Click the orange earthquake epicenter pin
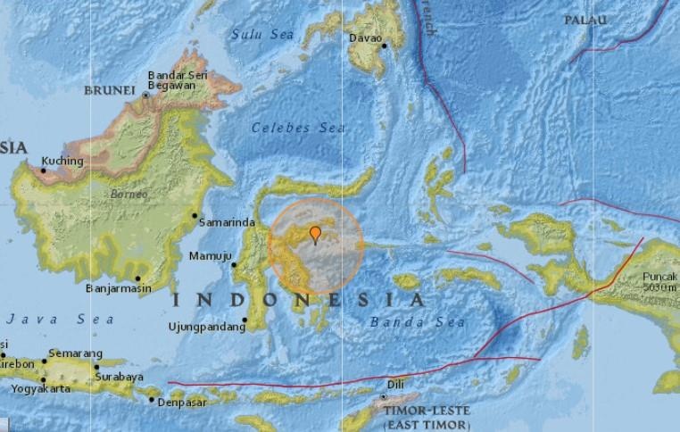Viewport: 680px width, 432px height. (315, 234)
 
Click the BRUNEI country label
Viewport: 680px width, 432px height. (108, 90)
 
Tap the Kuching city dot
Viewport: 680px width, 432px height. (42, 165)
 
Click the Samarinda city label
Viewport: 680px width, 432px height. (228, 222)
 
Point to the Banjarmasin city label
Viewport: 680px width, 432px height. (117, 288)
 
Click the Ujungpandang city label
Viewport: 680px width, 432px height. (206, 328)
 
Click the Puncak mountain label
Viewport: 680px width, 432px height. (660, 277)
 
